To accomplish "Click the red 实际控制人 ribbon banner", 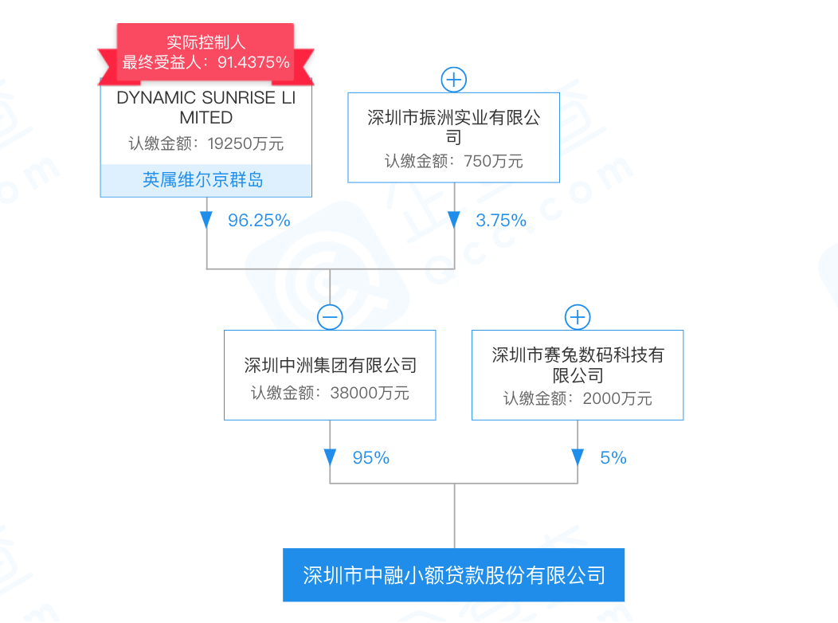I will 206,53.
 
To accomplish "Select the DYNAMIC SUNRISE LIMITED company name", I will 206,108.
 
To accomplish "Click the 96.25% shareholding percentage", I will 259,221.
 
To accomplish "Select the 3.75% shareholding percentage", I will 501,221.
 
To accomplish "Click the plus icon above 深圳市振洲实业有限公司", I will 454,80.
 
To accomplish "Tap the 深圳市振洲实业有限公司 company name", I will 454,127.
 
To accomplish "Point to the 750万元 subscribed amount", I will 494,161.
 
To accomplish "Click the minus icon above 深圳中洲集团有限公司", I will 330,317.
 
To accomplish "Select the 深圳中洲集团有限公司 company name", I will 330,366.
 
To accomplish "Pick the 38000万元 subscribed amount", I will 369,393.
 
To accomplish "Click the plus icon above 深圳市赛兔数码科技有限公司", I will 578,317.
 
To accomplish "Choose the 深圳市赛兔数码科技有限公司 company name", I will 578,365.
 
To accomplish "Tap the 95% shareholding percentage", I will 370,458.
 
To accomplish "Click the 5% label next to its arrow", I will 613,458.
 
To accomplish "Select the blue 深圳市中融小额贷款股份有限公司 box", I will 454,574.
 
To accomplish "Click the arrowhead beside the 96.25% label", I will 206,220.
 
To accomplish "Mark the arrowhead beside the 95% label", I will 330,457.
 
